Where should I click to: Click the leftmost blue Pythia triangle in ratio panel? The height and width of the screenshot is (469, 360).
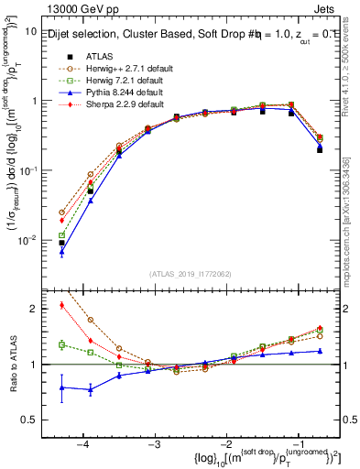pos(61,387)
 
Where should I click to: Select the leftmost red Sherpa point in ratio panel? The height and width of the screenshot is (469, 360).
pos(61,305)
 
